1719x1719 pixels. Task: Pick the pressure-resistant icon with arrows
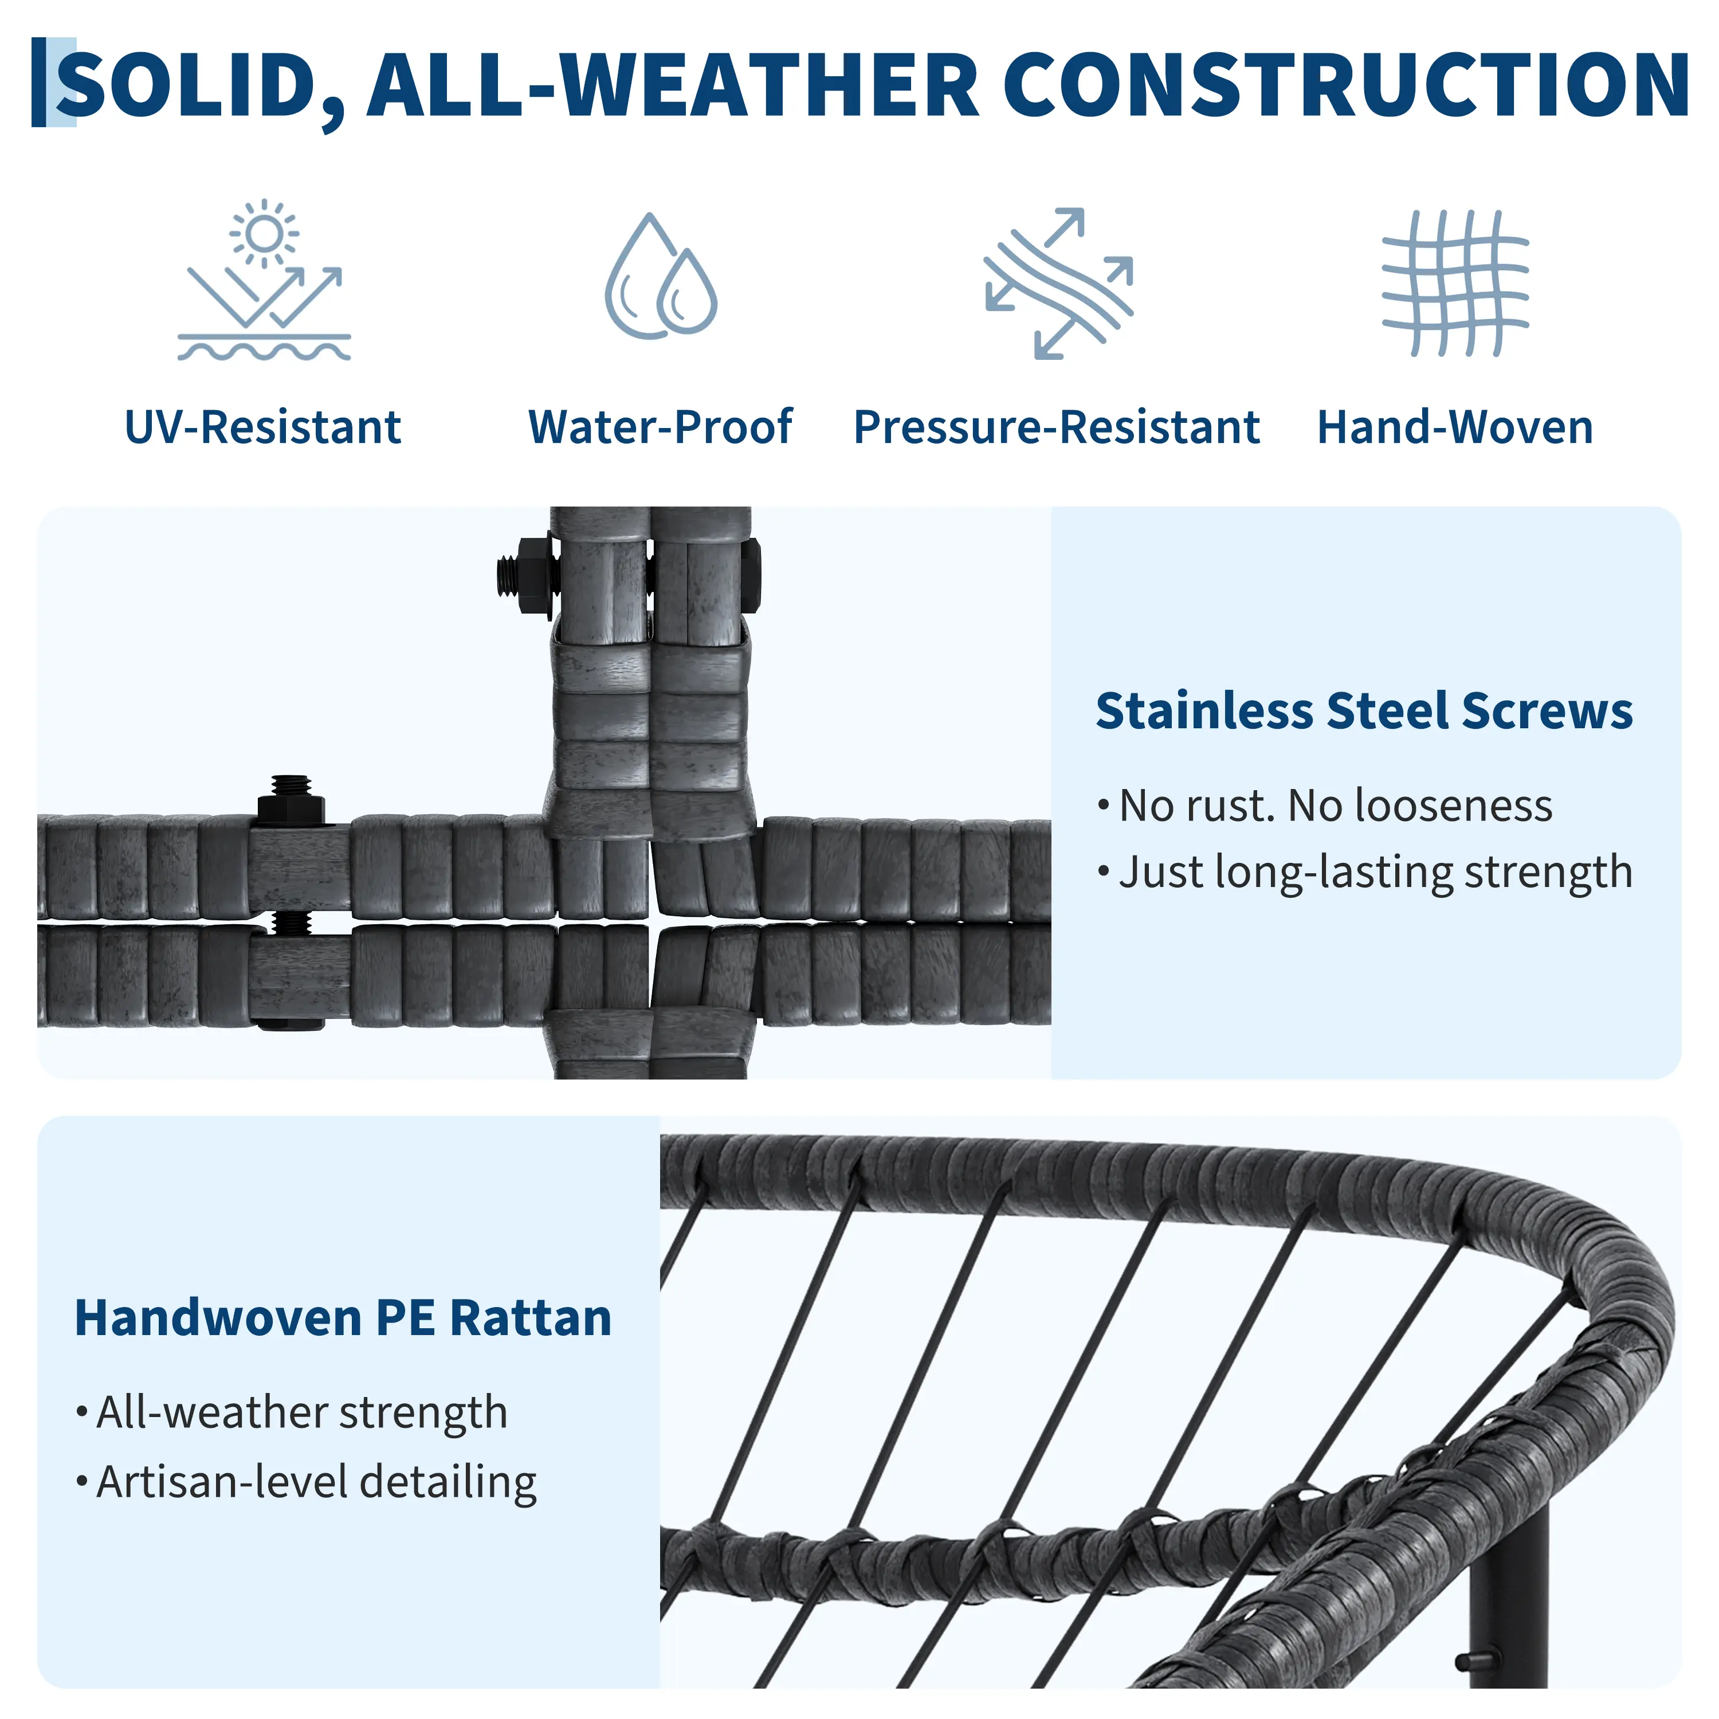(1059, 283)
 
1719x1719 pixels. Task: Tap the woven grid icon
(1455, 283)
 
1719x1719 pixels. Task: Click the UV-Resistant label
(264, 427)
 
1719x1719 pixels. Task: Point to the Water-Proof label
(660, 427)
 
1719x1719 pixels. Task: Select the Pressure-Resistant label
(1057, 427)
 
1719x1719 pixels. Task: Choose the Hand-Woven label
(1455, 427)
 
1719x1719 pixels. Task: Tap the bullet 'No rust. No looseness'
(1326, 806)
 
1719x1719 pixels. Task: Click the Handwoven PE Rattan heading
(343, 1318)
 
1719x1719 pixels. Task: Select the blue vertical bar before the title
(38, 82)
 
